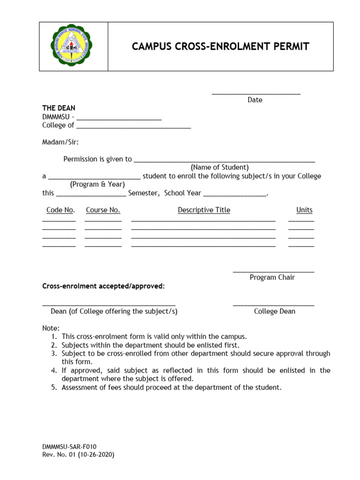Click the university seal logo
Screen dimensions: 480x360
tap(71, 46)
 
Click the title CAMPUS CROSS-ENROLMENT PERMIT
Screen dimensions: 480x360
tap(220, 46)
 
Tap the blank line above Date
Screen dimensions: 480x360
tap(256, 94)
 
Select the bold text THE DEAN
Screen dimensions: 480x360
tap(59, 108)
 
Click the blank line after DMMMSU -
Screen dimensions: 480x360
tap(119, 119)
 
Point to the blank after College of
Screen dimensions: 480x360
tap(134, 127)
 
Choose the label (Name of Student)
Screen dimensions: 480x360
tap(219, 167)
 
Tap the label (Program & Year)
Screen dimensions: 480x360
tap(97, 184)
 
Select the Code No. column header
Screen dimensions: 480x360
tap(60, 210)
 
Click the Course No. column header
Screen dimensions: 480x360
tap(103, 210)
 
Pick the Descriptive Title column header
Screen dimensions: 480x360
tap(204, 210)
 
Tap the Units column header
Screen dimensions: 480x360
tap(304, 210)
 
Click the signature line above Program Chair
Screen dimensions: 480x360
tap(273, 271)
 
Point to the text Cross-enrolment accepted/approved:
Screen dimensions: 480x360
tap(104, 286)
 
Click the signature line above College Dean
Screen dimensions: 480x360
tap(273, 305)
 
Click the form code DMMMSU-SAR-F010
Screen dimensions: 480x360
tap(69, 447)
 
